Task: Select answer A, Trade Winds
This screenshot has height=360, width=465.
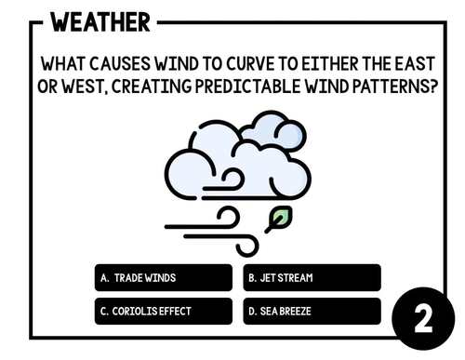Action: click(164, 277)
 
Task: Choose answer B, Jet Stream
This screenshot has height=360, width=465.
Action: click(312, 277)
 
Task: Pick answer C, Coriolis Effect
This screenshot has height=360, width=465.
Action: click(164, 311)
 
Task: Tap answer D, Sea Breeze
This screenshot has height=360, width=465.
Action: click(312, 311)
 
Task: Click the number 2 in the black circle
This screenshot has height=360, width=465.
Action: click(422, 319)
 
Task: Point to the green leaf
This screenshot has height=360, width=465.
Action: click(277, 220)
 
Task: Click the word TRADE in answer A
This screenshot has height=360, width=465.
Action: click(127, 277)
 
